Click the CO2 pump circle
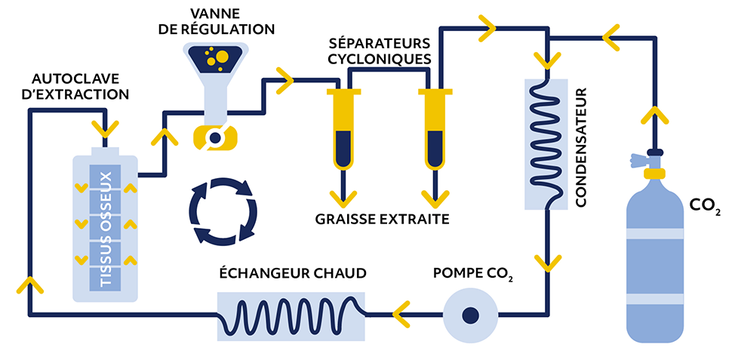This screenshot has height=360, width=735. coord(470,315)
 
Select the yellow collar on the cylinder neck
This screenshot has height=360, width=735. coord(654,173)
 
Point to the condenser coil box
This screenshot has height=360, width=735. coord(546,144)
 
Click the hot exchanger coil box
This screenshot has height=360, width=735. coord(291,316)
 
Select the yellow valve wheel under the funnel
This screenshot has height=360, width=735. coord(214,138)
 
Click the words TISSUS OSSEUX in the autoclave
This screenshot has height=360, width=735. coord(106,229)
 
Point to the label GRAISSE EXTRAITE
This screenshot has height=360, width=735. coord(382,219)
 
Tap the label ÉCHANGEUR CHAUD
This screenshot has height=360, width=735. coord(293,272)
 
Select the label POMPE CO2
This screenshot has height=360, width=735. coord(473,274)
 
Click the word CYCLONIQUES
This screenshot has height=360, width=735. coord(379,59)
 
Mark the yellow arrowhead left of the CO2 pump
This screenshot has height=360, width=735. coord(401,314)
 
